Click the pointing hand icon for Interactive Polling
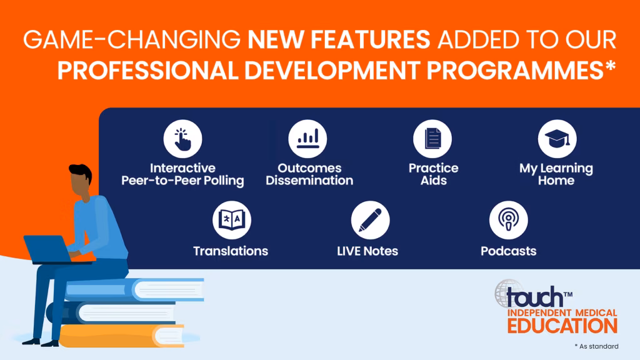coord(182,139)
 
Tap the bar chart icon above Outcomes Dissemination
coord(307,139)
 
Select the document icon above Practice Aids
coord(432,139)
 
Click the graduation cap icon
coord(557,139)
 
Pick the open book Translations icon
coord(231,220)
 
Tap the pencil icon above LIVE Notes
coord(370,220)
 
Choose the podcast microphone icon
coord(508,220)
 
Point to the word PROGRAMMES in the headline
coord(515,70)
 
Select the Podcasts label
coord(508,251)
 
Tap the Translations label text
coord(231,251)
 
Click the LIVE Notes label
coord(367,251)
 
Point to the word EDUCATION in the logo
coord(562,326)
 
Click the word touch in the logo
coord(535,297)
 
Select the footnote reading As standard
coord(596,346)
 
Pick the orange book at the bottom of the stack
coord(122,336)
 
